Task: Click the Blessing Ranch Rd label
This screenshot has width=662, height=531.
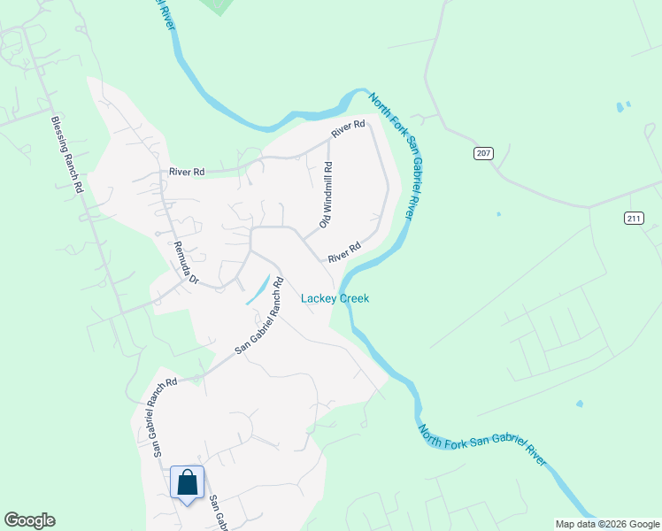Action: point(66,156)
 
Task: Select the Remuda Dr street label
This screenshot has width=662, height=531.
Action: point(186,262)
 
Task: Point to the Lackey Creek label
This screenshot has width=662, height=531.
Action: point(335,298)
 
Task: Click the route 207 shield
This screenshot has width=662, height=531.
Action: point(482,153)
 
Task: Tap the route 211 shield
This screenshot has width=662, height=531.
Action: point(633,218)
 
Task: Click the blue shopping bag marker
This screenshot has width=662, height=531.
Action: point(187,484)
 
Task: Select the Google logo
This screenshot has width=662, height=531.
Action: point(29,520)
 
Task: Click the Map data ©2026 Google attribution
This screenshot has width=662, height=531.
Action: point(607,524)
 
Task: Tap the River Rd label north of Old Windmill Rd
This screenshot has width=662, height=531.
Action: point(348,129)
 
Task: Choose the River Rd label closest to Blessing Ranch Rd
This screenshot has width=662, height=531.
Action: point(187,172)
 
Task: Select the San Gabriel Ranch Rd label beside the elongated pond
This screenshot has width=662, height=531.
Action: point(258,317)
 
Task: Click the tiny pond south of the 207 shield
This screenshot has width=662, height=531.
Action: point(498,214)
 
